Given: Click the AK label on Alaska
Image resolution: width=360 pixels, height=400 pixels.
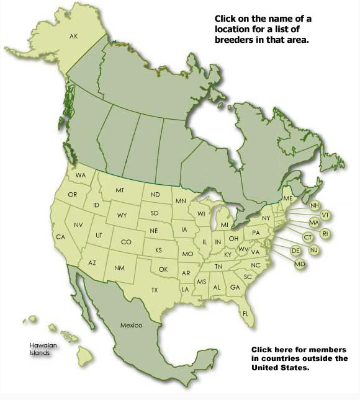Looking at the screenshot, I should click(x=74, y=37).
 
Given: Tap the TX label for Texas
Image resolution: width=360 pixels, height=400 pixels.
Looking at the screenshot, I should click(x=155, y=290).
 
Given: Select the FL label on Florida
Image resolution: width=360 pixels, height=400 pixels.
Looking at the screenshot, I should click(x=245, y=313).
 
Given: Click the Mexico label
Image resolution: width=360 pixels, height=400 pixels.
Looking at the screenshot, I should click(x=131, y=326).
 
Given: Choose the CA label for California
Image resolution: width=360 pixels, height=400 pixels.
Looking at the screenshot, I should click(x=60, y=237).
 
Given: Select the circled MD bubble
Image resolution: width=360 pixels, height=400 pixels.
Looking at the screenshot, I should click(x=299, y=264).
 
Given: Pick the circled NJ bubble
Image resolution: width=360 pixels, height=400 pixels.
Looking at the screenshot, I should click(x=313, y=249).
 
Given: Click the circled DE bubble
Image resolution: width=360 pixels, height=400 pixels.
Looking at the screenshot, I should click(x=296, y=250).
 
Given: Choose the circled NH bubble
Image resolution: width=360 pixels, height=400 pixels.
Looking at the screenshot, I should click(x=315, y=205).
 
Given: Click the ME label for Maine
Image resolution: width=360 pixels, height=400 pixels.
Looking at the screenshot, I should click(x=287, y=197).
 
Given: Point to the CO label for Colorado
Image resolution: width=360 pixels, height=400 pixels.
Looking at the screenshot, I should click(x=126, y=242).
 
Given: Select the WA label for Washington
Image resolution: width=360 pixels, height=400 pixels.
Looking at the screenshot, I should click(x=81, y=176).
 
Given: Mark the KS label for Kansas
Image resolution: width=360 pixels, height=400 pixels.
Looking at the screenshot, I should click(x=158, y=250).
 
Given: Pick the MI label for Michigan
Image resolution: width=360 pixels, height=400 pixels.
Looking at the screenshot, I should click(x=225, y=224).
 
